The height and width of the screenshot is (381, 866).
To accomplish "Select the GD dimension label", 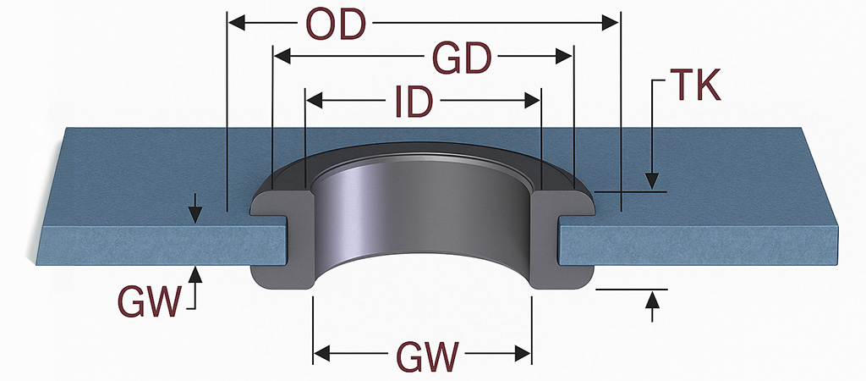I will pos(462,58).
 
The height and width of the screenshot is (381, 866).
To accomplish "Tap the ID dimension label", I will pos(414,102).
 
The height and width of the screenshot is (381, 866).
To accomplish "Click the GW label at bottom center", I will pos(423,354).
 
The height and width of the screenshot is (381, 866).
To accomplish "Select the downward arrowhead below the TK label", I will pos(651,180).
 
